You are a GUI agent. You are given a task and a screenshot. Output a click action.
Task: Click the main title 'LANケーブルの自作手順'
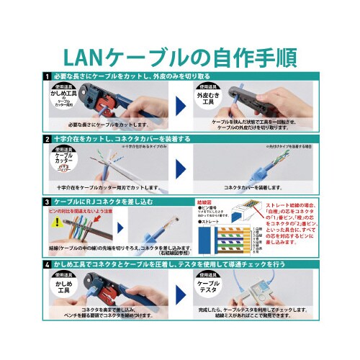point(180,55)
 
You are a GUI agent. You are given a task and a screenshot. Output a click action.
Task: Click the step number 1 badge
point(47,76)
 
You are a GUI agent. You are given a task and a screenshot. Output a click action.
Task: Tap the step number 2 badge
point(47,138)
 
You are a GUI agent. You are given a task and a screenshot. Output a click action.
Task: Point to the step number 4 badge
point(47,265)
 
